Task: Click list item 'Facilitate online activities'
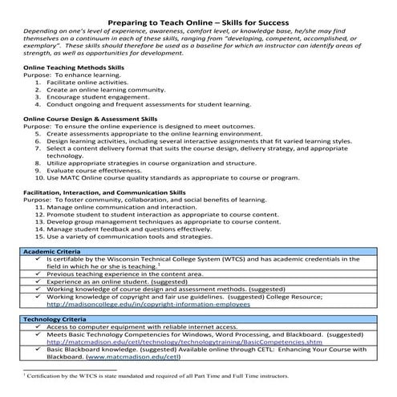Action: (x=99, y=82)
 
